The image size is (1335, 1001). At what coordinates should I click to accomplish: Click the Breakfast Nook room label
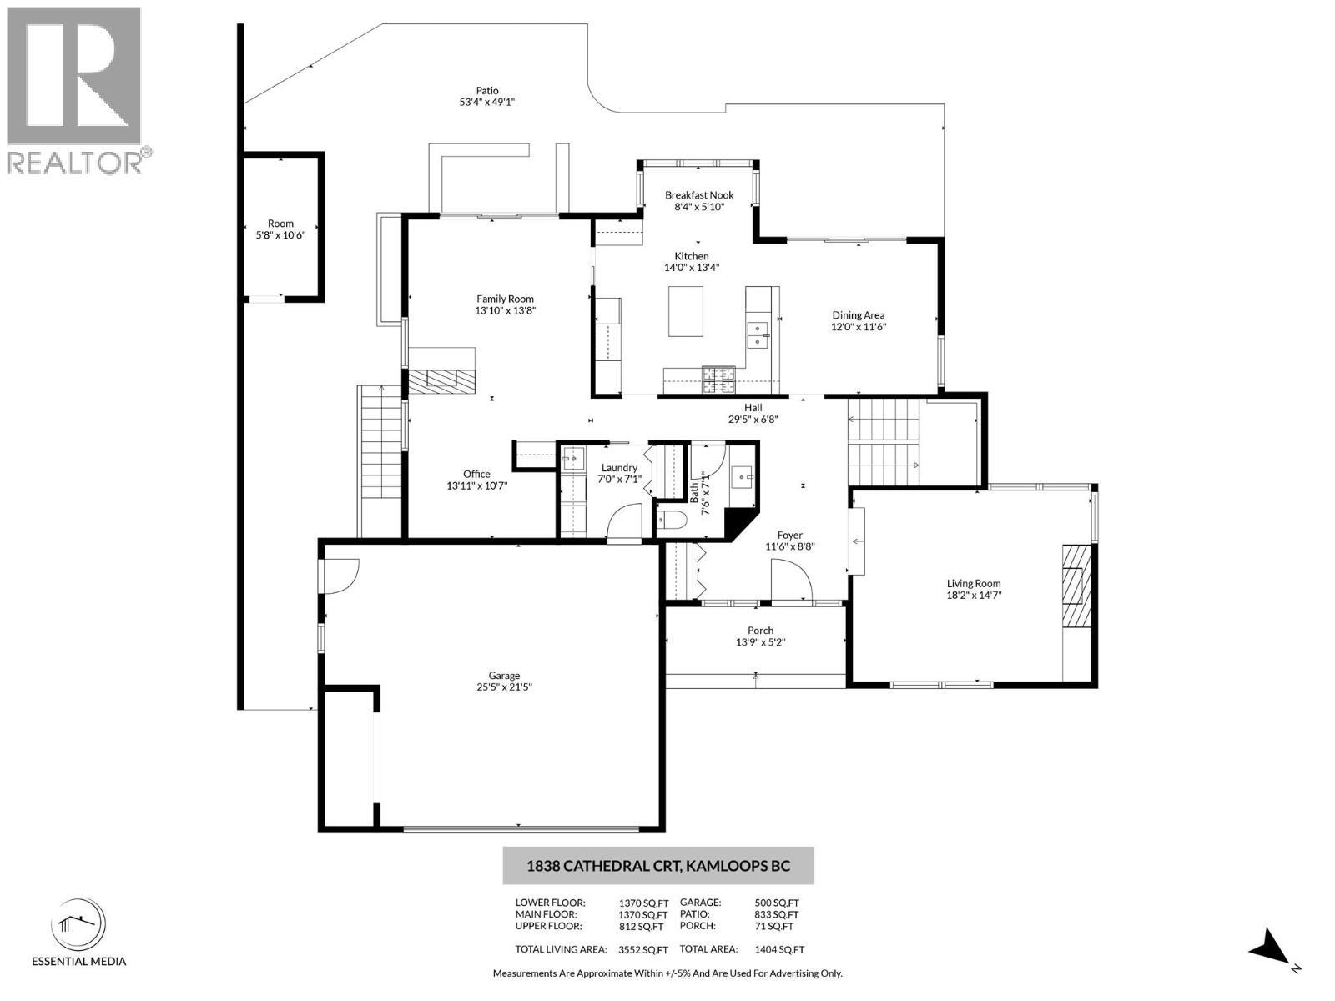699,195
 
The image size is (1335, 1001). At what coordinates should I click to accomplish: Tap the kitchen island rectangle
685,311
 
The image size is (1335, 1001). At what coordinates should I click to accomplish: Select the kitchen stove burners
718,380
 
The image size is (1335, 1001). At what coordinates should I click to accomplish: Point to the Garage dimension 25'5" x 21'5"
504,687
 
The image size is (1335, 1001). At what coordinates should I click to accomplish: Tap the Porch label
760,631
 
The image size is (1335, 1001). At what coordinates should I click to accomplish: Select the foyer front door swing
789,580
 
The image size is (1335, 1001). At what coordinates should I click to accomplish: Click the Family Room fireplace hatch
441,380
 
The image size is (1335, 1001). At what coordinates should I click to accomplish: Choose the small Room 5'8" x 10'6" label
281,224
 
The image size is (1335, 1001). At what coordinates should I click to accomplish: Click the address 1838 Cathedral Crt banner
657,866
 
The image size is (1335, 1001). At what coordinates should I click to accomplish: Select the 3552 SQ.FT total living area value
643,949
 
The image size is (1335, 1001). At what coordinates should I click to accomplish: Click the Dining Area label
858,315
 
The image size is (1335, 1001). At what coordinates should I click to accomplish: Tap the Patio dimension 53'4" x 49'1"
487,103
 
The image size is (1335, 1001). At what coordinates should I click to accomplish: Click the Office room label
476,474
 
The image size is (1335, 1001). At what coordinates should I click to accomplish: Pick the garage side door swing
340,576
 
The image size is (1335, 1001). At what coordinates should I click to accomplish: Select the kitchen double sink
758,334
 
